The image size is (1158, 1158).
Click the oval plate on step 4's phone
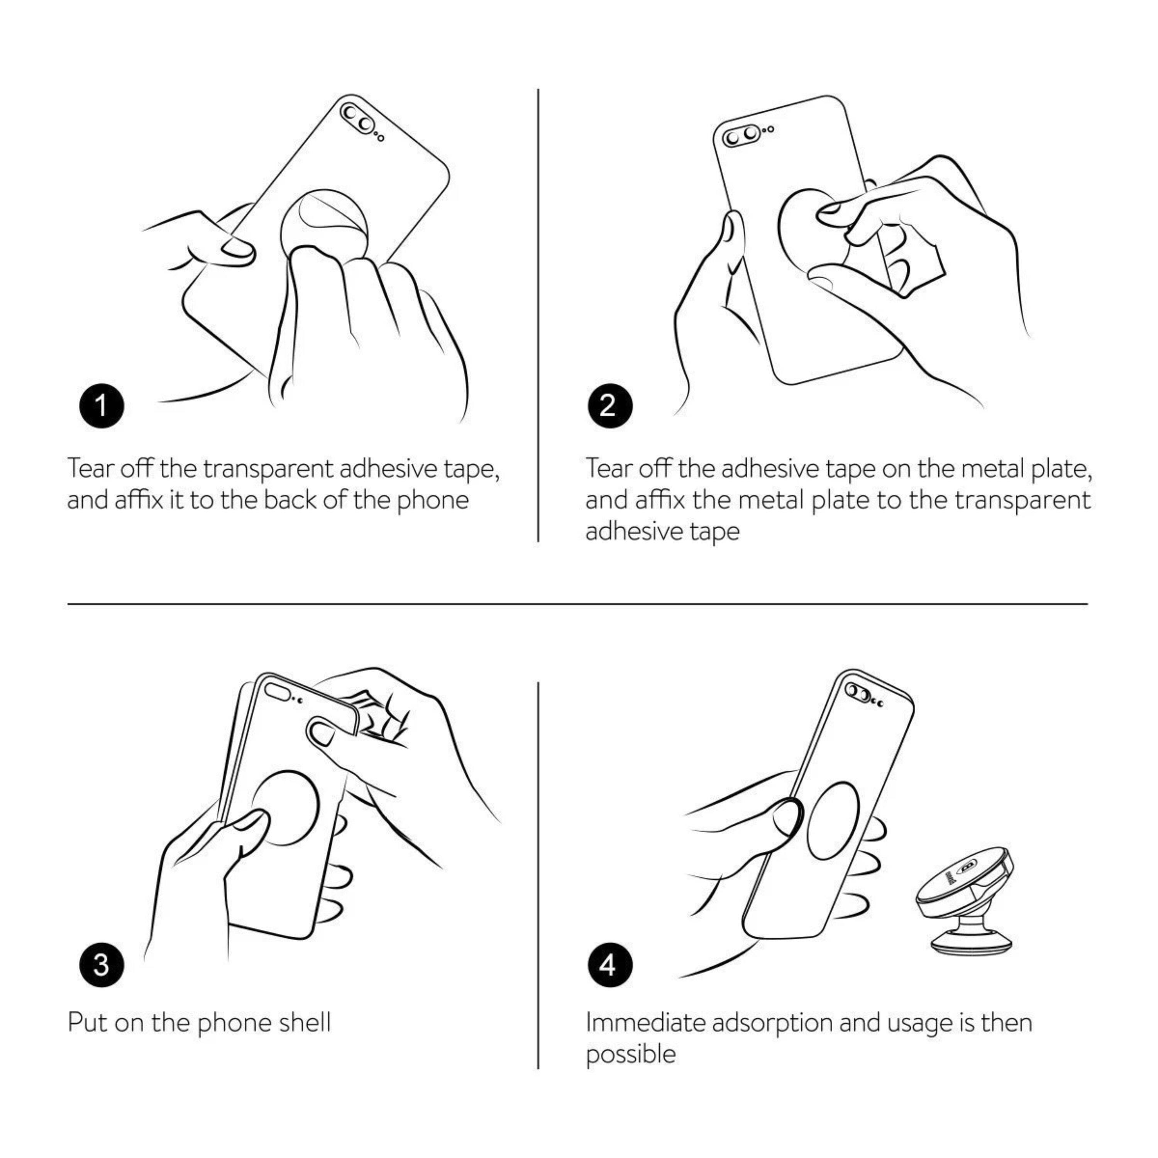click(x=833, y=821)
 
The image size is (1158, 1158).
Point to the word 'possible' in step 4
click(x=631, y=1055)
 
